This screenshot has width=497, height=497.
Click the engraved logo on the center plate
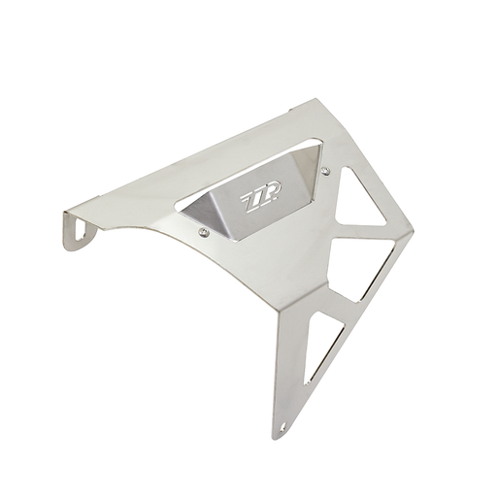(x=260, y=198)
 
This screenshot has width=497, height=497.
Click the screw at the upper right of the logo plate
(x=326, y=171)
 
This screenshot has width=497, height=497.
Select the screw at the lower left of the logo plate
(x=203, y=231)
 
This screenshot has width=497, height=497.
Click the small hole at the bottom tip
(x=284, y=427)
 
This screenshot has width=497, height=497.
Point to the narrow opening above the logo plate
(x=246, y=175)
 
